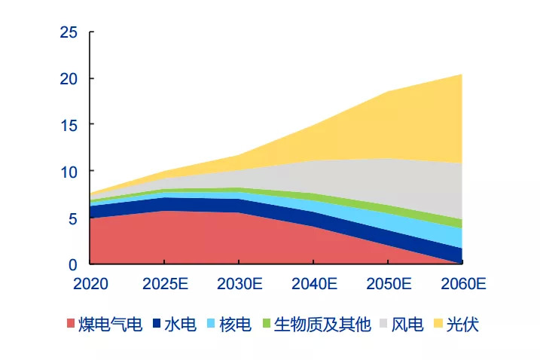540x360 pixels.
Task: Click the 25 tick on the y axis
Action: click(x=69, y=32)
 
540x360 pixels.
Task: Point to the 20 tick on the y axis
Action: click(x=69, y=79)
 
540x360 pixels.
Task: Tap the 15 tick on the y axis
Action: click(x=69, y=125)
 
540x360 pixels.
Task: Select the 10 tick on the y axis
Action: click(x=69, y=172)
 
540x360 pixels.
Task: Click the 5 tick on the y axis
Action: click(x=73, y=218)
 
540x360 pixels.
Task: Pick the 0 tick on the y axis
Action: click(x=73, y=264)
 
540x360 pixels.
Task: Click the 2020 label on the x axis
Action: click(x=90, y=285)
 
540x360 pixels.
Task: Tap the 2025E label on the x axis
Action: click(x=164, y=285)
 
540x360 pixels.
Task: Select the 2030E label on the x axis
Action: click(x=239, y=285)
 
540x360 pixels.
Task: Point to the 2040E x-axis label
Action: click(x=313, y=285)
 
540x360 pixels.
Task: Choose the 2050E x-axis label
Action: click(x=387, y=285)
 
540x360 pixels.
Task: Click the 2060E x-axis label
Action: click(x=462, y=285)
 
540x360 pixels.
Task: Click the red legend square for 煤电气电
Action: click(x=72, y=325)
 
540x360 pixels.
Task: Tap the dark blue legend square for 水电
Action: click(x=157, y=325)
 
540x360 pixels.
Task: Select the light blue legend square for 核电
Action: click(x=211, y=325)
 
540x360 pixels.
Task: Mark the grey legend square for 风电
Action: click(x=384, y=325)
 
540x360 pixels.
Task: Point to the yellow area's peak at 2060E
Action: click(x=462, y=75)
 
